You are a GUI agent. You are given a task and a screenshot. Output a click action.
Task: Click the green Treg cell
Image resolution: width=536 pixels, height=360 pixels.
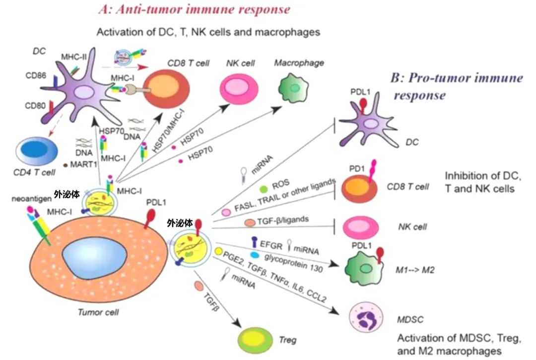tap(256, 338)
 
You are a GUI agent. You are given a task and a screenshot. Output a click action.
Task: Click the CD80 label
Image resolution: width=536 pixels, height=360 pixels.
tap(35, 107)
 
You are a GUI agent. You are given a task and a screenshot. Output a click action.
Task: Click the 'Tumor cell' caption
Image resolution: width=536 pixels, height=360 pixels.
tap(99, 312)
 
